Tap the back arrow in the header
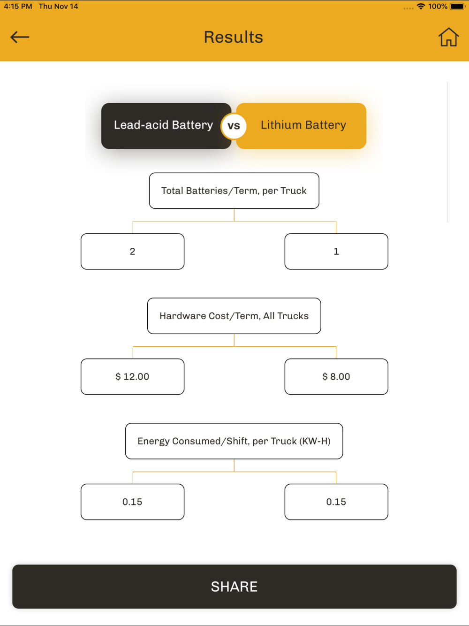[20, 37]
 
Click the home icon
[448, 37]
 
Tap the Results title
[234, 37]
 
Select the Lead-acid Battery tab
[166, 126]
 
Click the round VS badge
[234, 126]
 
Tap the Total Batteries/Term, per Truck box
[234, 191]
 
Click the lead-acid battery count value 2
[133, 251]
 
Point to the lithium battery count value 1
[336, 251]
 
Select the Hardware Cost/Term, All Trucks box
[234, 316]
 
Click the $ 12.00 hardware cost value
[133, 376]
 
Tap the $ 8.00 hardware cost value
[336, 376]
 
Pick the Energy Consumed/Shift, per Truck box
[234, 441]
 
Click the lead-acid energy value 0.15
[133, 502]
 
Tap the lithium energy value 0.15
[336, 502]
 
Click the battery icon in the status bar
[457, 6]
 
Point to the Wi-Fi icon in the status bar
[421, 6]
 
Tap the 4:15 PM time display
[18, 6]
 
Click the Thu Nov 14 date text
[59, 6]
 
